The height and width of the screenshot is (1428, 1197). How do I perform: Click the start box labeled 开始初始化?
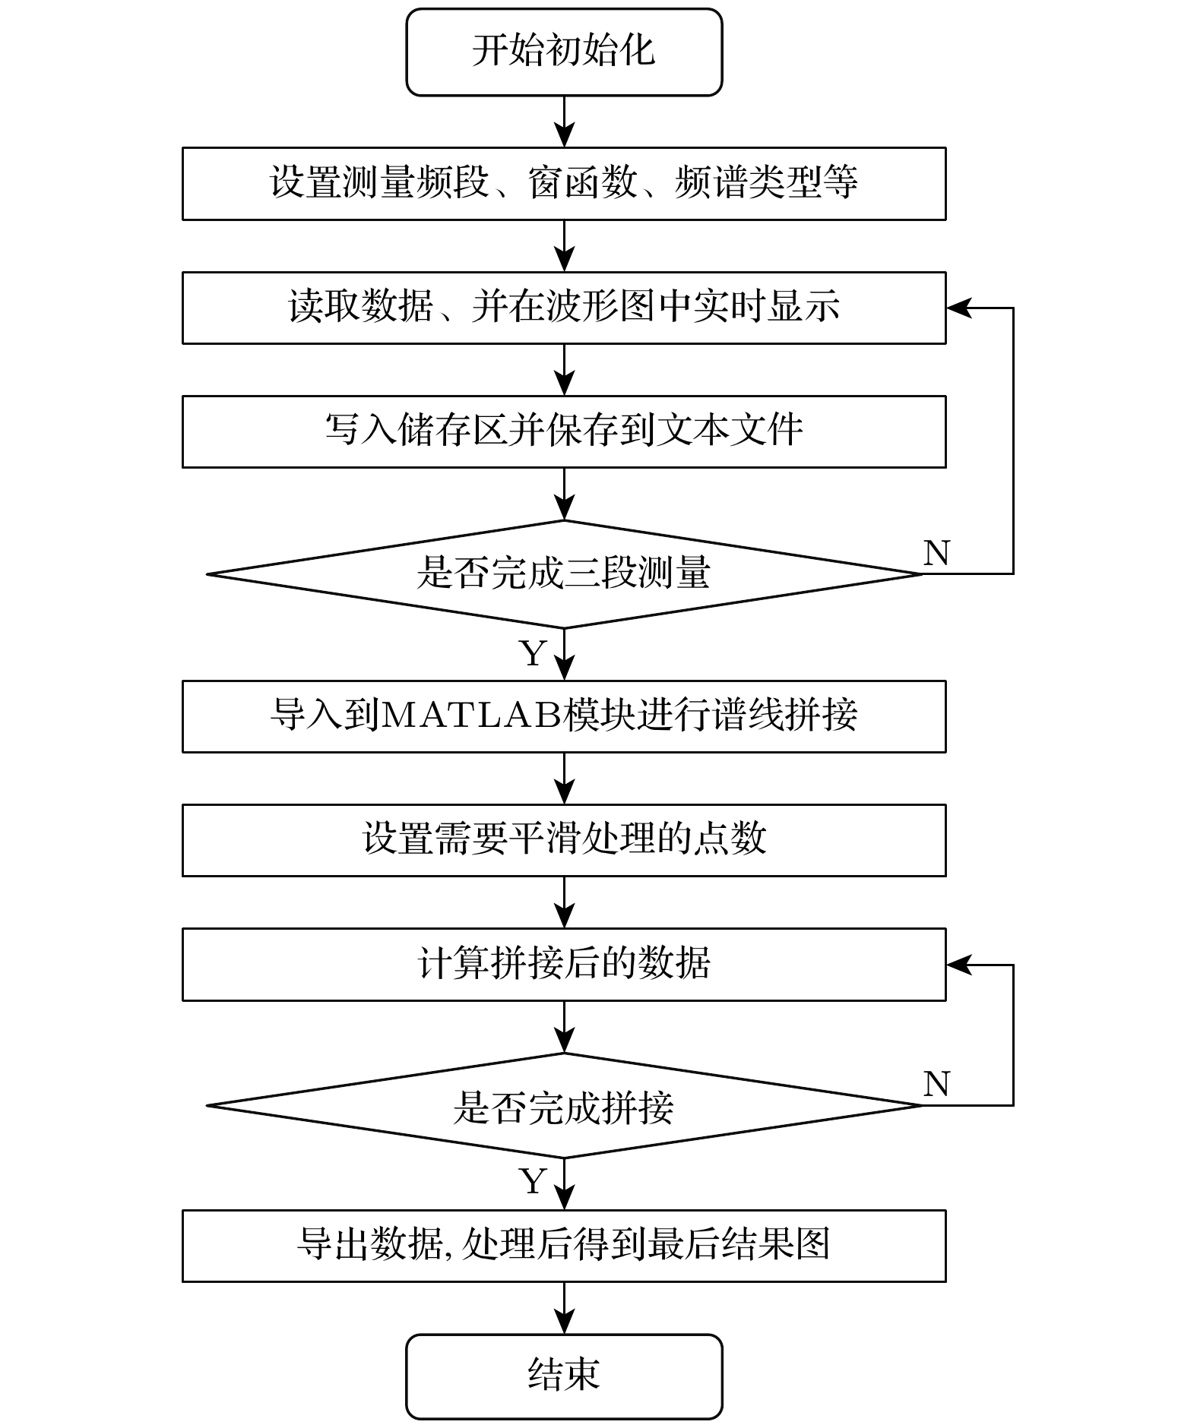click(x=564, y=52)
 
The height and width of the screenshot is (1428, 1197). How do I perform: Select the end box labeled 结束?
click(x=564, y=1376)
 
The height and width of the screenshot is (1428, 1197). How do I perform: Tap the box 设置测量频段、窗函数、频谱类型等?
click(x=564, y=184)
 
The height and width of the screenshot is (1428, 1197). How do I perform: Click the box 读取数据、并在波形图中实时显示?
click(x=564, y=308)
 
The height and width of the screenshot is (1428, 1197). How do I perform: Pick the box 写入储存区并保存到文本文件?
click(x=564, y=431)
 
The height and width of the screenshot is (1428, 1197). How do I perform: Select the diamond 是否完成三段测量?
click(x=564, y=573)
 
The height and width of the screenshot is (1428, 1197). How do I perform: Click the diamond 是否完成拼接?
click(x=564, y=1106)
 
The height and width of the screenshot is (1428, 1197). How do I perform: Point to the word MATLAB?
click(x=471, y=716)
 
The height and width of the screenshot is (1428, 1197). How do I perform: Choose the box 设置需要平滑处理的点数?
click(x=564, y=840)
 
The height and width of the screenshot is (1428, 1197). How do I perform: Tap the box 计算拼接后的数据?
click(x=564, y=964)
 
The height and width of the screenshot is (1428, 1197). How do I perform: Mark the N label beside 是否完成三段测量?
click(x=936, y=553)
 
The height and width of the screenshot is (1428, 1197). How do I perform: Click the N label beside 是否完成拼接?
click(x=936, y=1084)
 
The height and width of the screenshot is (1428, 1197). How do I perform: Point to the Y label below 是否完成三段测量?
click(x=533, y=653)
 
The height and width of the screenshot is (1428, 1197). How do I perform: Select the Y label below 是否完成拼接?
click(x=533, y=1182)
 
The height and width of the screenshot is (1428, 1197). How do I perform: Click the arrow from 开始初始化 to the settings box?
click(x=564, y=122)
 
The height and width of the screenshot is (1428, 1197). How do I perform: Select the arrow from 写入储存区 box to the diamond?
click(x=564, y=494)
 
